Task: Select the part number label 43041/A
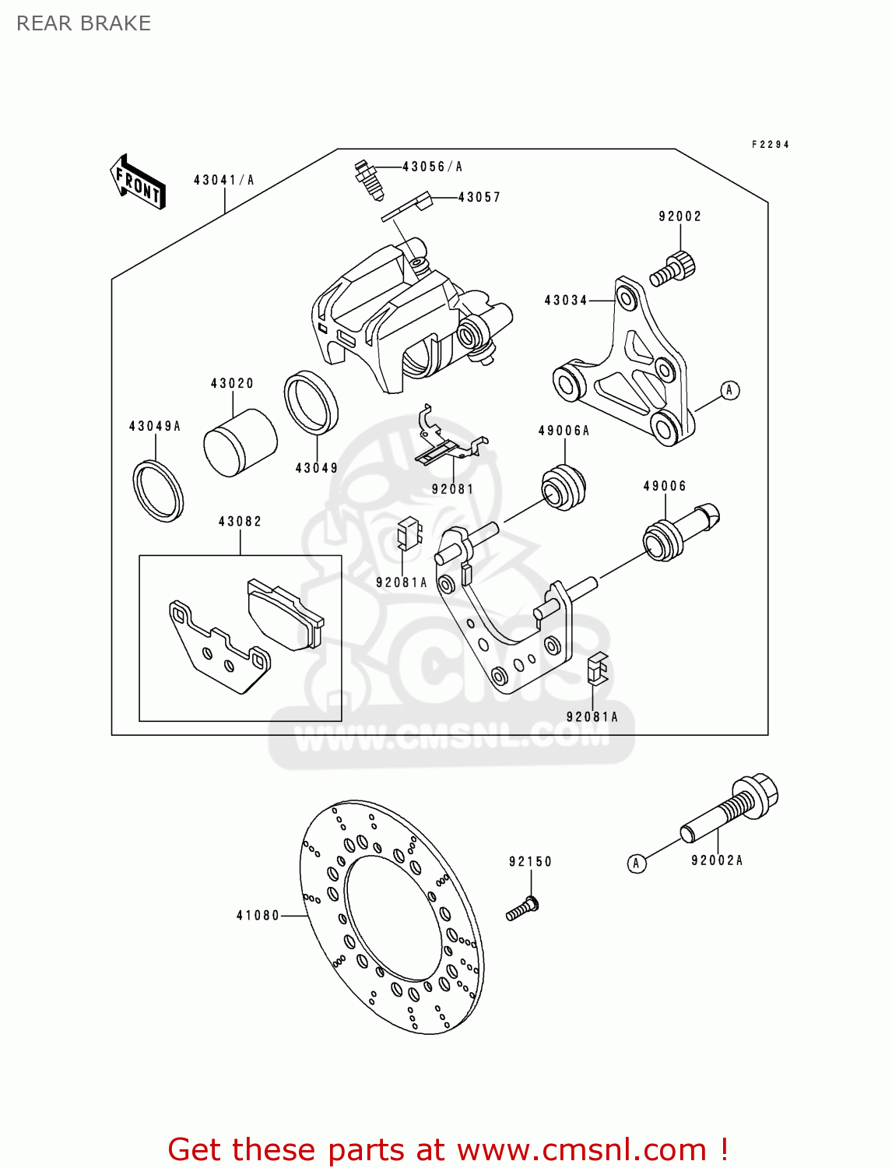[x=224, y=180]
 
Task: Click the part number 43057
[x=479, y=198]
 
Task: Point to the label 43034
[x=566, y=300]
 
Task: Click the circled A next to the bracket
[x=729, y=390]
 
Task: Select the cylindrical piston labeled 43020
[x=240, y=442]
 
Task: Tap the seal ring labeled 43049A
[x=158, y=490]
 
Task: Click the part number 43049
[x=317, y=468]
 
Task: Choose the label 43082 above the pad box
[x=240, y=521]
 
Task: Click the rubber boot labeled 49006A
[x=563, y=487]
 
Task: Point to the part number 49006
[x=665, y=486]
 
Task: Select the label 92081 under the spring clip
[x=452, y=489]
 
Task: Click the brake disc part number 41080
[x=258, y=915]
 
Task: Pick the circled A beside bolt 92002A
[x=637, y=863]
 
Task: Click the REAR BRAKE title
[x=84, y=23]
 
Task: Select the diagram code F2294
[x=771, y=145]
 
